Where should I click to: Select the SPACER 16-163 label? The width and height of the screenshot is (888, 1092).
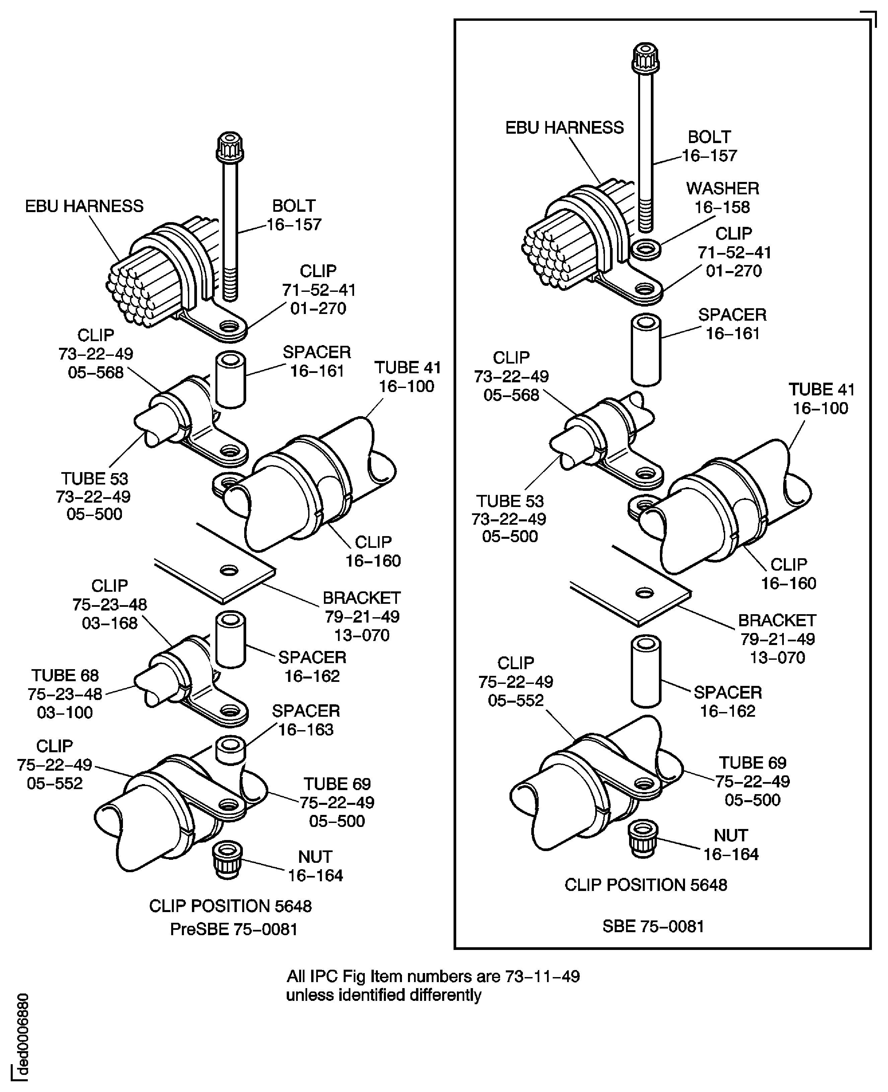tap(305, 720)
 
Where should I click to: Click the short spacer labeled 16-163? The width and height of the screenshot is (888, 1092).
tap(230, 749)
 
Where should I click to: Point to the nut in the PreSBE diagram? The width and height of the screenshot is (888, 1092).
tap(228, 861)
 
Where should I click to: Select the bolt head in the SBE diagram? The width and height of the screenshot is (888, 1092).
tap(645, 57)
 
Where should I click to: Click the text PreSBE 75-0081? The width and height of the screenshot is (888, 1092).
tap(234, 929)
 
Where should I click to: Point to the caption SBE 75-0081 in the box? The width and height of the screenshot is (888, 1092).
tap(653, 926)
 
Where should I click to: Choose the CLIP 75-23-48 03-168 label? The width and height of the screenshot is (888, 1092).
tap(110, 604)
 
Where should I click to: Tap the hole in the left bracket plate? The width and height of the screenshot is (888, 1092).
tap(229, 570)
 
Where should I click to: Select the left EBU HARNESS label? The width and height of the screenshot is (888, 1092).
tap(84, 206)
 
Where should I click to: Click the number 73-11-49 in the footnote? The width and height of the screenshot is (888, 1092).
tap(542, 976)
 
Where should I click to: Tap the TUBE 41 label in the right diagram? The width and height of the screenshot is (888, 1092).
tap(821, 399)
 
